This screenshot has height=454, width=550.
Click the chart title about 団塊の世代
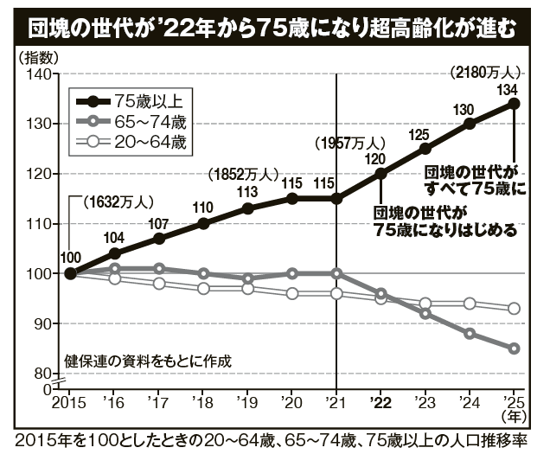coord(275,28)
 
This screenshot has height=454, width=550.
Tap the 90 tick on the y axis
coord(40,323)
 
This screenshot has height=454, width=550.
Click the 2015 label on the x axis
coord(69,403)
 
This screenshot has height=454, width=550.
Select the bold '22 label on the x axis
coord(380,403)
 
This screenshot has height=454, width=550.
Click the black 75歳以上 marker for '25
coord(514,103)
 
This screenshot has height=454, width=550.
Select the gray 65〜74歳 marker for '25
coord(514,348)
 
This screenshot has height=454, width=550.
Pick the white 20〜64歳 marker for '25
coord(514,309)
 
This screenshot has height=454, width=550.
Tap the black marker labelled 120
coord(381,173)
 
